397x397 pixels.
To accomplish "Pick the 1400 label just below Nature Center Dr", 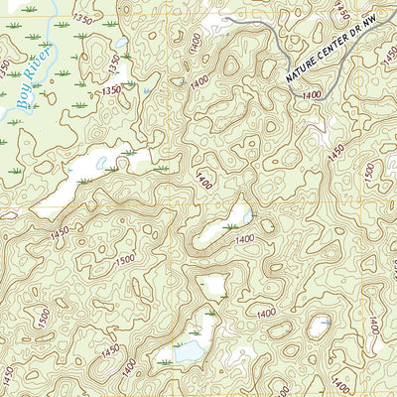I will [x=311, y=95].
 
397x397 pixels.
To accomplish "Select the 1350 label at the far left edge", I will [x=10, y=68].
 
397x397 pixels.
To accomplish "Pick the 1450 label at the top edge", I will [x=342, y=10].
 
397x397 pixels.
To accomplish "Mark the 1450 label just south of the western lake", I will [x=59, y=231].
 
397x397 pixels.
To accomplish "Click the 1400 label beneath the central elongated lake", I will [x=245, y=239].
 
